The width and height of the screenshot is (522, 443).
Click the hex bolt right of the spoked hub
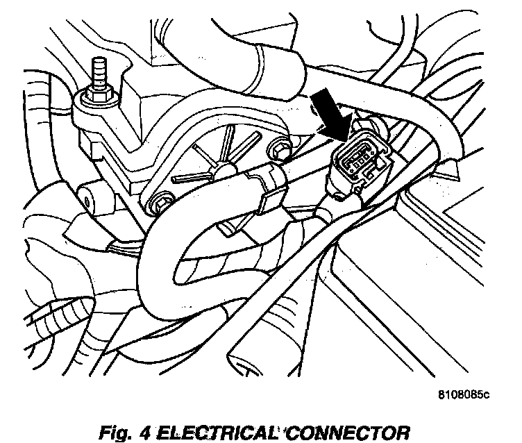280,149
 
